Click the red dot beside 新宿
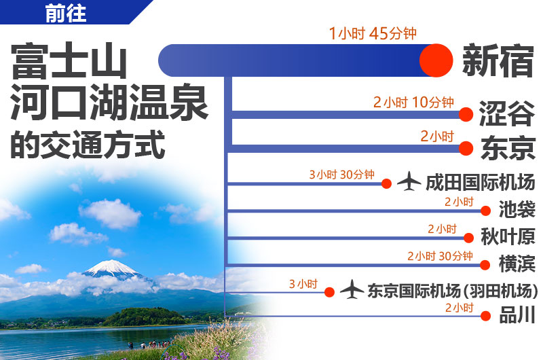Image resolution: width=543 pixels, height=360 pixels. pos(436,60)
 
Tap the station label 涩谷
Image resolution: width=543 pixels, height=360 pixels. pos(506,113)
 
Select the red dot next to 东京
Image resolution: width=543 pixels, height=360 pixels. pos(466,148)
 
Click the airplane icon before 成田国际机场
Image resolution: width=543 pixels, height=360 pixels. pos(409,181)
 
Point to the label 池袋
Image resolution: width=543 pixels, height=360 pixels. pos(517,209)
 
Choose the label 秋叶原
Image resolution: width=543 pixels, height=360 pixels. pos(508,237)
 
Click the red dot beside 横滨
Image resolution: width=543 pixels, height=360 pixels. pos(485,265)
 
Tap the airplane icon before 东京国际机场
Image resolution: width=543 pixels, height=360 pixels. pos(352,289)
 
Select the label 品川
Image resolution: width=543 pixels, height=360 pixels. pos(517,315)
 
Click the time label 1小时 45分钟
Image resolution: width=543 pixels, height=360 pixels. pos(373,33)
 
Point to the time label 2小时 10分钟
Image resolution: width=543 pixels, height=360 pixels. pos(413,102)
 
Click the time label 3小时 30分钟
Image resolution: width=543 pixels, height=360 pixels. pos(342,175)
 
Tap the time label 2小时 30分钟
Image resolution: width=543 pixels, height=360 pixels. pos(440,256)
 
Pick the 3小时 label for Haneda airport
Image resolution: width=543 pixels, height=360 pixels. pos(303,284)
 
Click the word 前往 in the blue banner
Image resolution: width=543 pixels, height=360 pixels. pos(65,13)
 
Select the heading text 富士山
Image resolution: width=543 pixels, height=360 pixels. pos(69,60)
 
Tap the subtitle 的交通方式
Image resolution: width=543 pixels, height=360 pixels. pos(88,145)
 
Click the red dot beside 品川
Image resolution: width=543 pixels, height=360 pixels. pos(485,316)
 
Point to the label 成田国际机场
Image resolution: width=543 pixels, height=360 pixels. pos(481,182)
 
